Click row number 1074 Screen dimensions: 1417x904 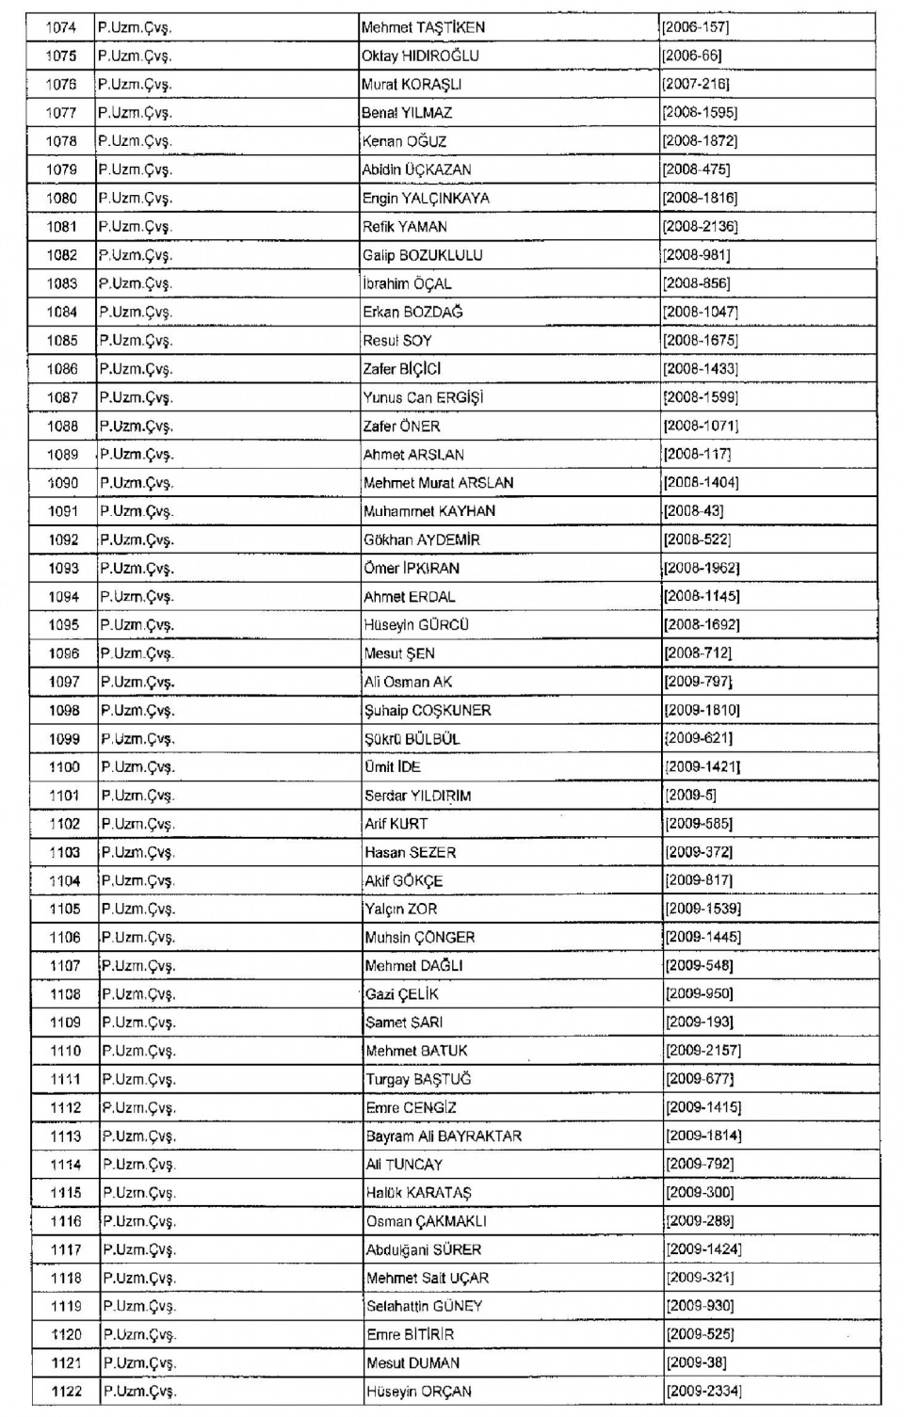61,27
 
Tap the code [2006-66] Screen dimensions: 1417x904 692,56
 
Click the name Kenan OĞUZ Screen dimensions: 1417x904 404,141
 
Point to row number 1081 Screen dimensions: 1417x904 62,226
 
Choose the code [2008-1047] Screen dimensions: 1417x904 701,312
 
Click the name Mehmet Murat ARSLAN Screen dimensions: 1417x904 439,483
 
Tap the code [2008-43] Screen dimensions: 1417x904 694,511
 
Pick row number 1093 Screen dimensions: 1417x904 64,568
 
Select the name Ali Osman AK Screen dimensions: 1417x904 408,682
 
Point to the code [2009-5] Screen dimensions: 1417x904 691,796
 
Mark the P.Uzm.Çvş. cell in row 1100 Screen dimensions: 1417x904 137,767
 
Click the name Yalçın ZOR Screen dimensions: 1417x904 401,910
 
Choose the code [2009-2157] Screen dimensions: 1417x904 703,1051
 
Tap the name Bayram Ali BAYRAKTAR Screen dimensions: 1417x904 444,1136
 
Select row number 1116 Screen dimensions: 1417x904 66,1221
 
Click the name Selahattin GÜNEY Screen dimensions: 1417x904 424,1307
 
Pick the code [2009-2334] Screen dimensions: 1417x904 704,1392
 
